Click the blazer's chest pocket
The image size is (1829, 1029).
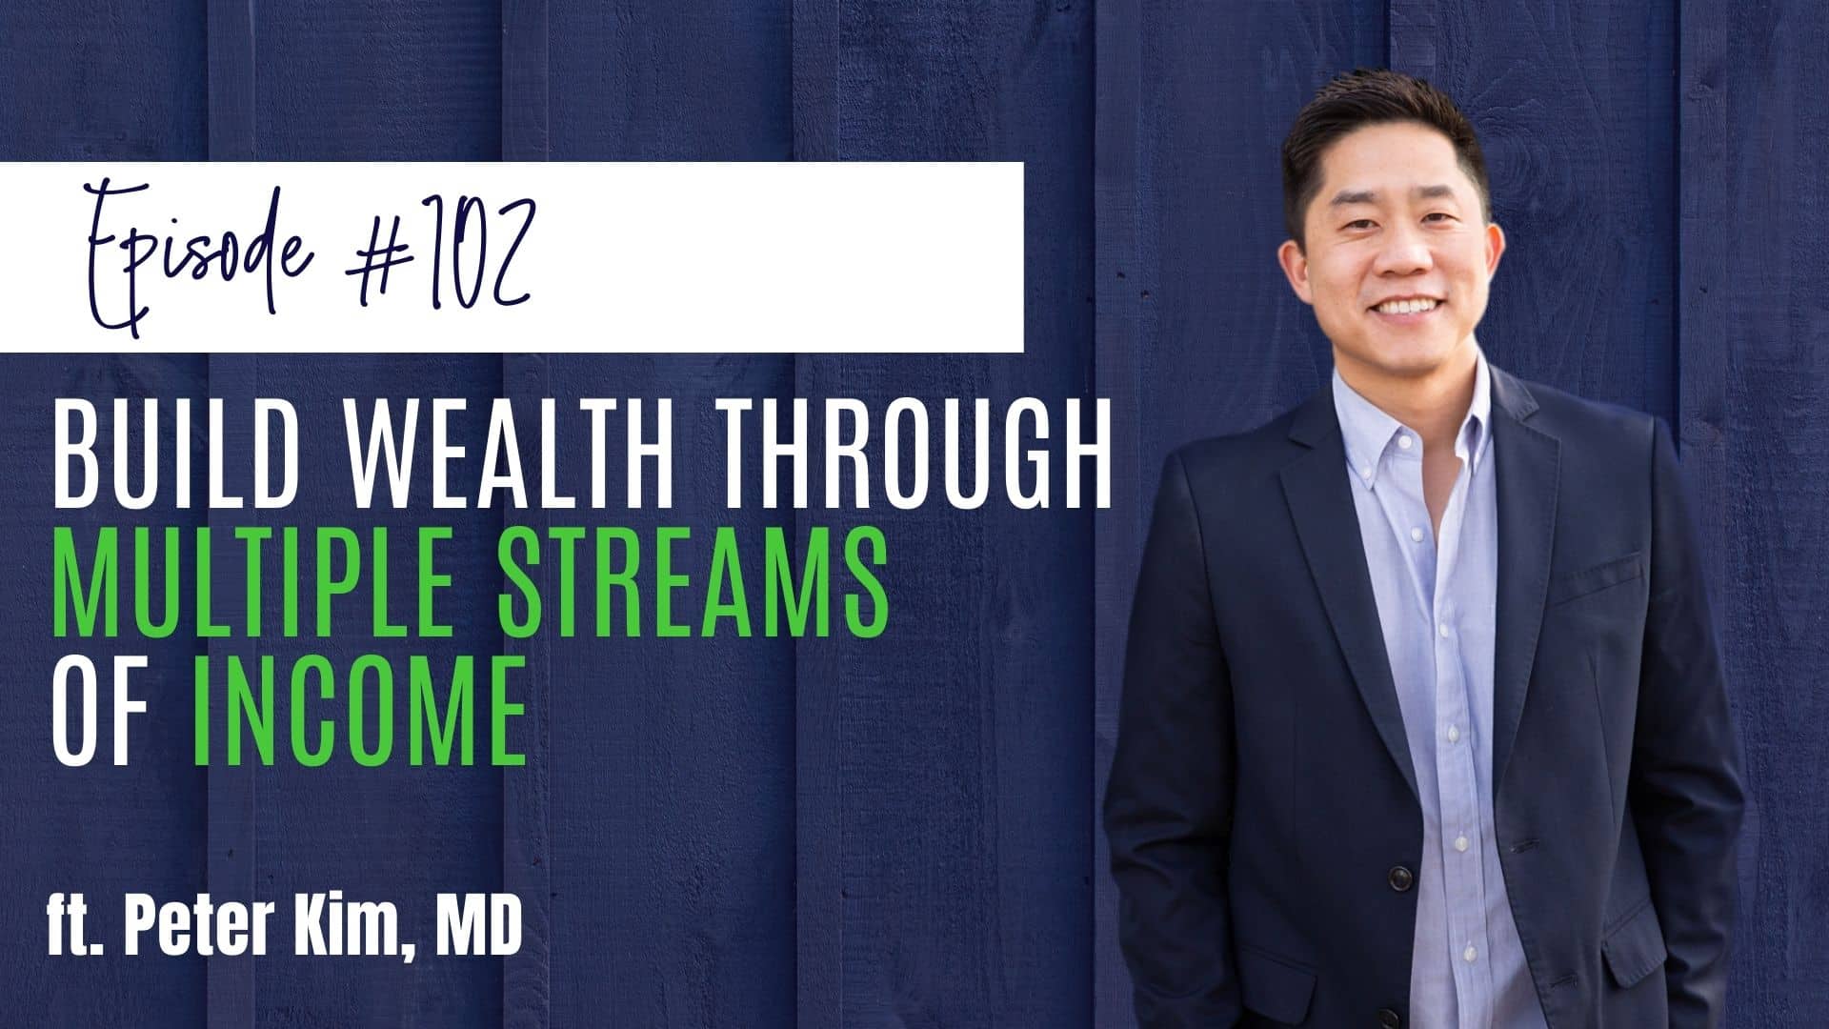[x=1586, y=573]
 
